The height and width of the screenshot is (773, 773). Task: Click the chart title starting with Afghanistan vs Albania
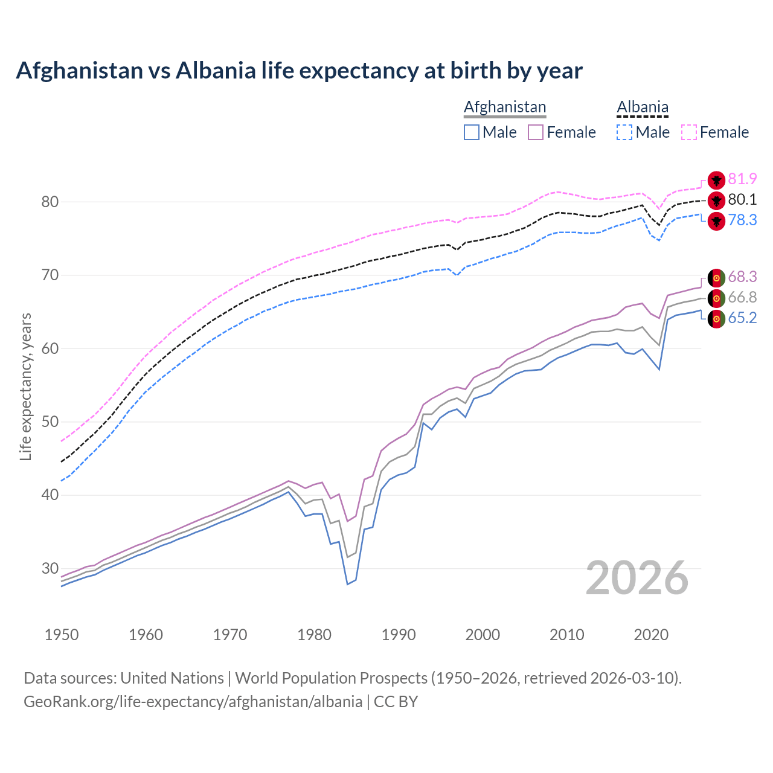[299, 71]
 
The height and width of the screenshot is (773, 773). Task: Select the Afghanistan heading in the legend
[505, 107]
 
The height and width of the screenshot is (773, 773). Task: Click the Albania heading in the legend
[643, 107]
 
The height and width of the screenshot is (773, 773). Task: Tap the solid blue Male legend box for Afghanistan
[472, 132]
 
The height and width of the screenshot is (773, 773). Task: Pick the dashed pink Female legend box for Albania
[689, 132]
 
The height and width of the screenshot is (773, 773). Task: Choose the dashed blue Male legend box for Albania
[624, 132]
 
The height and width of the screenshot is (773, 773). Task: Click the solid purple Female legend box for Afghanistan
[536, 132]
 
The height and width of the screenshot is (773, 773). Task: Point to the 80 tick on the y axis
[50, 202]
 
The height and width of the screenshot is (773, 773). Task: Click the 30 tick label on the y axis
[50, 568]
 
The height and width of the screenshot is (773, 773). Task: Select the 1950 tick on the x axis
[62, 635]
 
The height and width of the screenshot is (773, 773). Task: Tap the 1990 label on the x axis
[399, 635]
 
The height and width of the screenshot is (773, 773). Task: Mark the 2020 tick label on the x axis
[651, 635]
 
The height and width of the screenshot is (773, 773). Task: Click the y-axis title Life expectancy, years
[25, 386]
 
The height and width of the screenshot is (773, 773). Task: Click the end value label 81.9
[742, 179]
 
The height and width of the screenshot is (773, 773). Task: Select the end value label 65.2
[742, 318]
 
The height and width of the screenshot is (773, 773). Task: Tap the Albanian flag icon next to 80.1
[716, 200]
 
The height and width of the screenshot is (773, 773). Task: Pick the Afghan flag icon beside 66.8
[716, 298]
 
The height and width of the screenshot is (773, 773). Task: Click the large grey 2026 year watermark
[637, 578]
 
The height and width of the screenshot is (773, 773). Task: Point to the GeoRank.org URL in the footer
[193, 702]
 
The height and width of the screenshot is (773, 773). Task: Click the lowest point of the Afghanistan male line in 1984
[347, 584]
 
